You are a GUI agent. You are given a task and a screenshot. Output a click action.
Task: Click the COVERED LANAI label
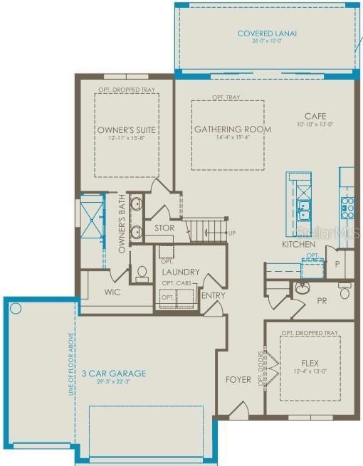[267, 33]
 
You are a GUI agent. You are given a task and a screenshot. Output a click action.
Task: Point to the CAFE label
[315, 116]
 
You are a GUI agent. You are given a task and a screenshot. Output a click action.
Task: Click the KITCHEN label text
[298, 244]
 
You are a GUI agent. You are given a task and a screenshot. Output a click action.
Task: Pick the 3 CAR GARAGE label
[113, 373]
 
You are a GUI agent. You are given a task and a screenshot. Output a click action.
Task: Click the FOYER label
[238, 379]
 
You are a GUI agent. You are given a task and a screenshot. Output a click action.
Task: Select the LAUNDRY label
[180, 272]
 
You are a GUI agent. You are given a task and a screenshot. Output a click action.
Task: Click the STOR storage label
[164, 228]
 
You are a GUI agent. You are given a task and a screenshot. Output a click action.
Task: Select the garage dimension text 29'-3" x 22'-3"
[113, 383]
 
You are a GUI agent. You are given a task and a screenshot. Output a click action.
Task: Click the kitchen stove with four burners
[347, 207]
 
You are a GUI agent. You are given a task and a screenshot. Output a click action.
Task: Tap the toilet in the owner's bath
[142, 274]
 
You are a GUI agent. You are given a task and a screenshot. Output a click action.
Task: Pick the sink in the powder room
[302, 288]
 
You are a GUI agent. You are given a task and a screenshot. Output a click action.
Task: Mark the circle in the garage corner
[16, 309]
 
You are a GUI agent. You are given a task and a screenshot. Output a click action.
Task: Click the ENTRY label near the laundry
[213, 296]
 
